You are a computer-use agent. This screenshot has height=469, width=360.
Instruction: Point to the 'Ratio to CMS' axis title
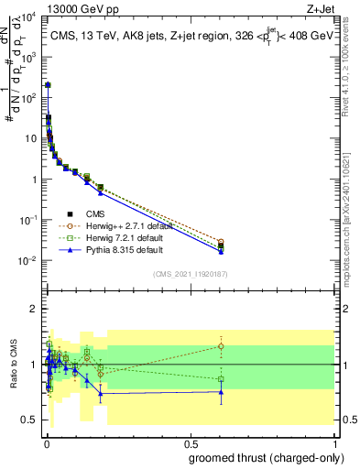pos(12,364)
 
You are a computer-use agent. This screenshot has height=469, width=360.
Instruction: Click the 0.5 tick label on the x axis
pos(191,442)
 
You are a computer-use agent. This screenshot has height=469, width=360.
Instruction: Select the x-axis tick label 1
pos(335,442)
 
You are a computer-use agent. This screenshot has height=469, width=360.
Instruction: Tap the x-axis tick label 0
pos(46,442)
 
